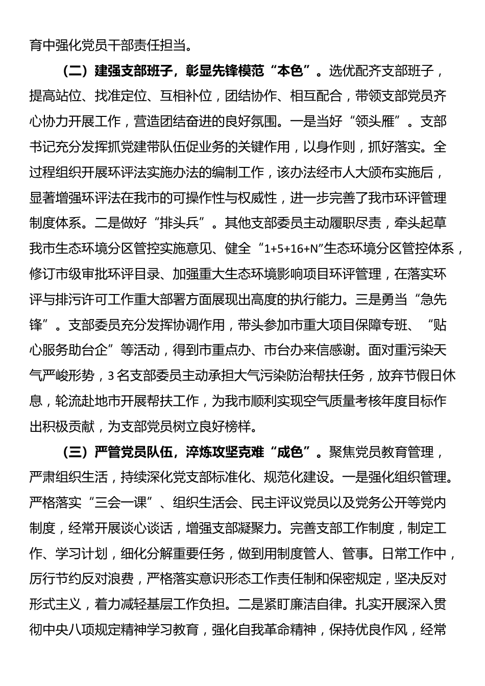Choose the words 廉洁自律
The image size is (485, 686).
pos(315,604)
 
